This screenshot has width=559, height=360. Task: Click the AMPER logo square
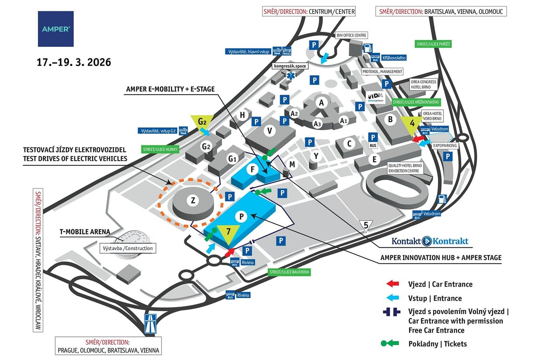[55, 29]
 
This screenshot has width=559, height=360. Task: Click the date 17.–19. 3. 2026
[74, 62]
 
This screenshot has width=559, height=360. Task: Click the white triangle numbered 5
[366, 226]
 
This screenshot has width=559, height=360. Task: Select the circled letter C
[349, 143]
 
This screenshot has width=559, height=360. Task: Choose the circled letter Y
[316, 155]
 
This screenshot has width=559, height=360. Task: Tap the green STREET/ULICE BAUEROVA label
[289, 272]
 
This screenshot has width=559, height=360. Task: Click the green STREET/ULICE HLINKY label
[160, 149]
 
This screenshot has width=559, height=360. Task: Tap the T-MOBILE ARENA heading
[84, 232]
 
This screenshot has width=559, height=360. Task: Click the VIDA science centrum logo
[375, 97]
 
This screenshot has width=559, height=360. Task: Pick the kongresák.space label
[290, 66]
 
